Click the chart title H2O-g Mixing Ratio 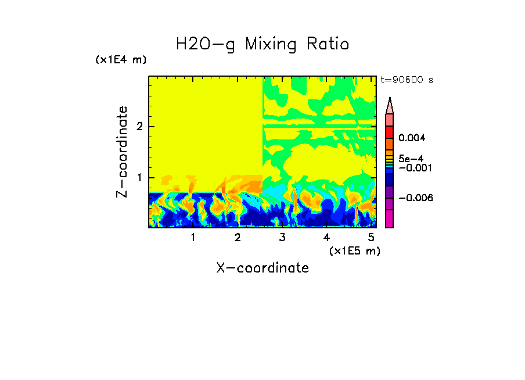click(x=262, y=44)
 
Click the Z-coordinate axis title click(x=122, y=152)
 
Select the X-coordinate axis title click(x=262, y=268)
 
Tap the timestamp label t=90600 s click(x=407, y=80)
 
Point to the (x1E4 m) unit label click(x=121, y=60)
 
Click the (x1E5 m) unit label click(x=354, y=250)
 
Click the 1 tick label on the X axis click(x=193, y=238)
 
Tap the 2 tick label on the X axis click(x=238, y=238)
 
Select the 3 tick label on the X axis click(x=282, y=238)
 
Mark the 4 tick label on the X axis click(x=326, y=238)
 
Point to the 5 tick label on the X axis click(x=371, y=238)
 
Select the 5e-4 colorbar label click(x=411, y=159)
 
